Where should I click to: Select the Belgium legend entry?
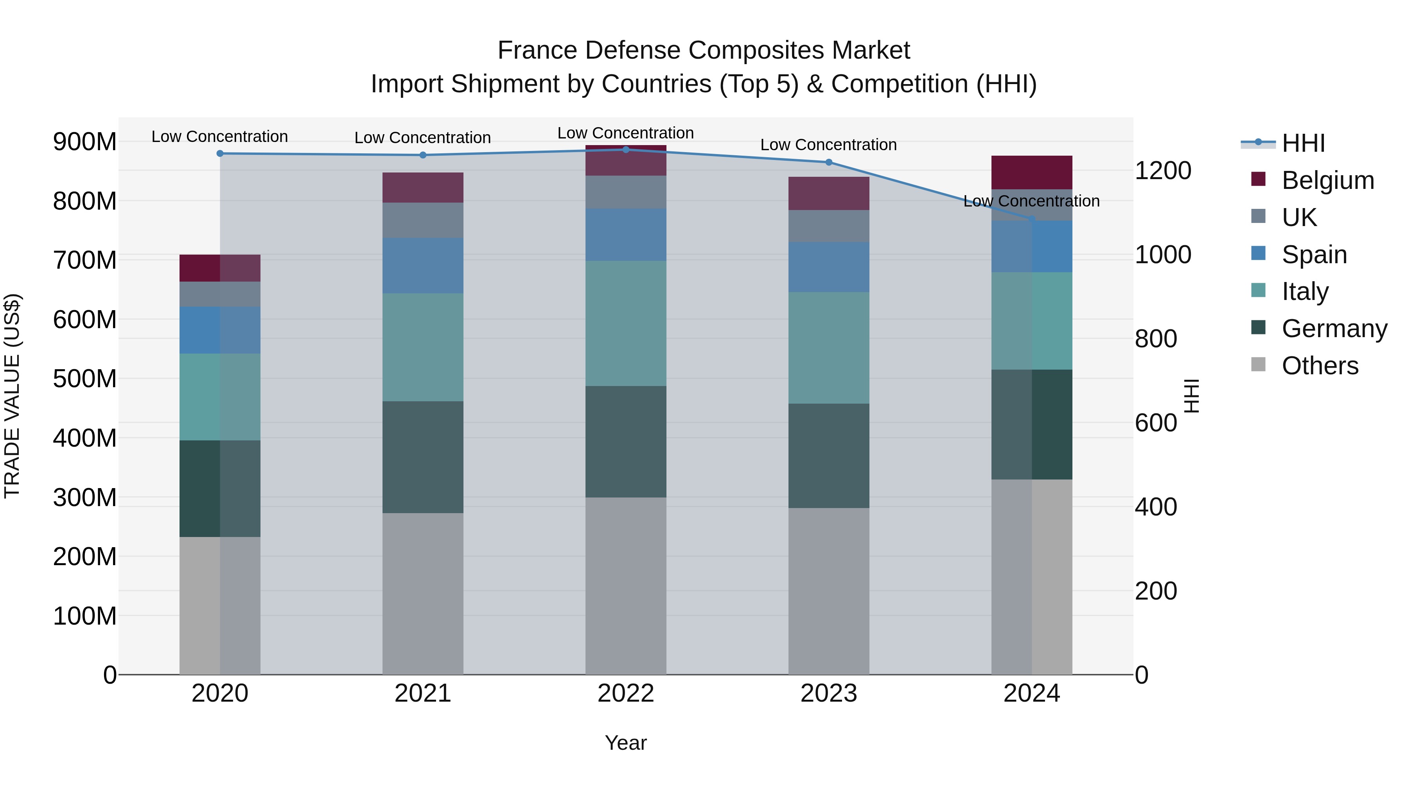(x=1327, y=180)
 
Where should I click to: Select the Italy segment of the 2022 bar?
(x=625, y=323)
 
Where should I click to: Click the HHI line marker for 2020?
(x=220, y=154)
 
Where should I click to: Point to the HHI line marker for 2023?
(x=829, y=162)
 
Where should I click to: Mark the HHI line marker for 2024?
(x=1031, y=219)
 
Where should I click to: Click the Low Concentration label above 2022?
(x=625, y=133)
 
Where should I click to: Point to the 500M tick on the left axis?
(x=85, y=379)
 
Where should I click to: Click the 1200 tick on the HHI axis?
(x=1163, y=171)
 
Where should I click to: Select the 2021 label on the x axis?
(x=422, y=693)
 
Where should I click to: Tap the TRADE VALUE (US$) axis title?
(x=12, y=396)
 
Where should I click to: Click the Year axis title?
(x=625, y=743)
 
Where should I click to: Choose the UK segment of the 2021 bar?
(x=422, y=220)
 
